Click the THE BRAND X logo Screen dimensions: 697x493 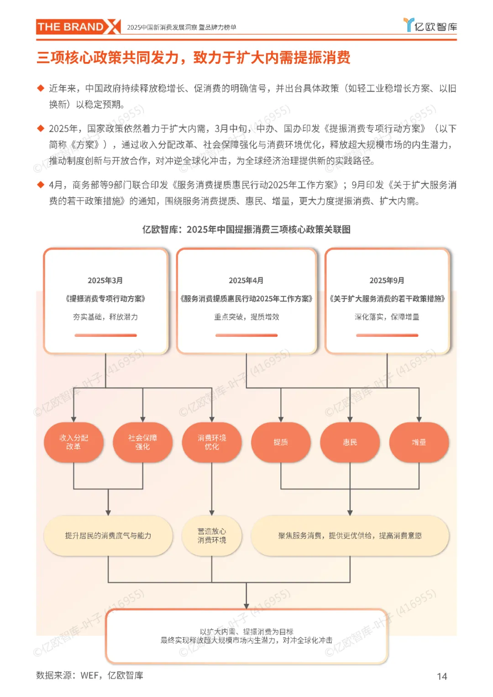click(78, 27)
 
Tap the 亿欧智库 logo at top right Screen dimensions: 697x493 click(430, 26)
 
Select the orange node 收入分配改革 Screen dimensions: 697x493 click(73, 442)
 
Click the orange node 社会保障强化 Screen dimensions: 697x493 click(142, 442)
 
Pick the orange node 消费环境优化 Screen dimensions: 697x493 click(212, 442)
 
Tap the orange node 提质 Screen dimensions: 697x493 click(281, 442)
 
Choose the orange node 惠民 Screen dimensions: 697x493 click(350, 442)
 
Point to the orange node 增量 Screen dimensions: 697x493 click(419, 442)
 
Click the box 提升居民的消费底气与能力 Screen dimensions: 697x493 click(108, 536)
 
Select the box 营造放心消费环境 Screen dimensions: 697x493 click(212, 536)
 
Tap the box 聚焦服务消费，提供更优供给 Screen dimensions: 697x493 click(350, 536)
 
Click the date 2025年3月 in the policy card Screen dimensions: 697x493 click(105, 281)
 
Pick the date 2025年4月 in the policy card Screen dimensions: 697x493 click(246, 281)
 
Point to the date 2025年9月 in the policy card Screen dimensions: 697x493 click(387, 281)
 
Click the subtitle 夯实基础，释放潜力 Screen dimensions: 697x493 click(105, 317)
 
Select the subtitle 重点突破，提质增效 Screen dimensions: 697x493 click(246, 317)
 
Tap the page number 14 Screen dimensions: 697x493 click(442, 676)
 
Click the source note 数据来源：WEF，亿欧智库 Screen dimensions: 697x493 click(89, 676)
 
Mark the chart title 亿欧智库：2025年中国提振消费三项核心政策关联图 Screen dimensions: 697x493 click(246, 229)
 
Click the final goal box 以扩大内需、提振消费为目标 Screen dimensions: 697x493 click(246, 636)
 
